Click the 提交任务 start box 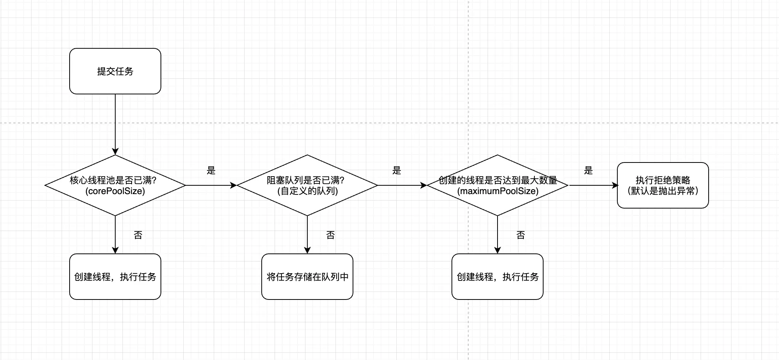coord(115,71)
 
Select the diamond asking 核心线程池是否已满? coord(115,185)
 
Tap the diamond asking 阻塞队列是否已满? coord(307,185)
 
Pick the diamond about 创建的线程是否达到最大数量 coord(497,185)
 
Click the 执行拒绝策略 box coord(663,185)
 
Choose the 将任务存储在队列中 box coord(307,277)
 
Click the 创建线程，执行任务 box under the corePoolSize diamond coord(115,277)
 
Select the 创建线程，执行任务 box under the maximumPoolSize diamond coord(497,277)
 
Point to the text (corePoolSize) coord(115,191)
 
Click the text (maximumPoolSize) coord(498,191)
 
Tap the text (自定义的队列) coord(307,191)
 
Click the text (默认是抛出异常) coord(663,191)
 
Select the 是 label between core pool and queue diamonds coord(211,170)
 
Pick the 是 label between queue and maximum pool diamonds coord(397,170)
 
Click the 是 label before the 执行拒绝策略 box coord(588,170)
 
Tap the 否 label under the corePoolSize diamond coord(138,235)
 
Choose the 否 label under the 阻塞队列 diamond coord(331,235)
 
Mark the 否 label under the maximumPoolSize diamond coord(521,235)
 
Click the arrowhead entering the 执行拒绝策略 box coord(615,185)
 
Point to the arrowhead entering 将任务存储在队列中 coord(307,250)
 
